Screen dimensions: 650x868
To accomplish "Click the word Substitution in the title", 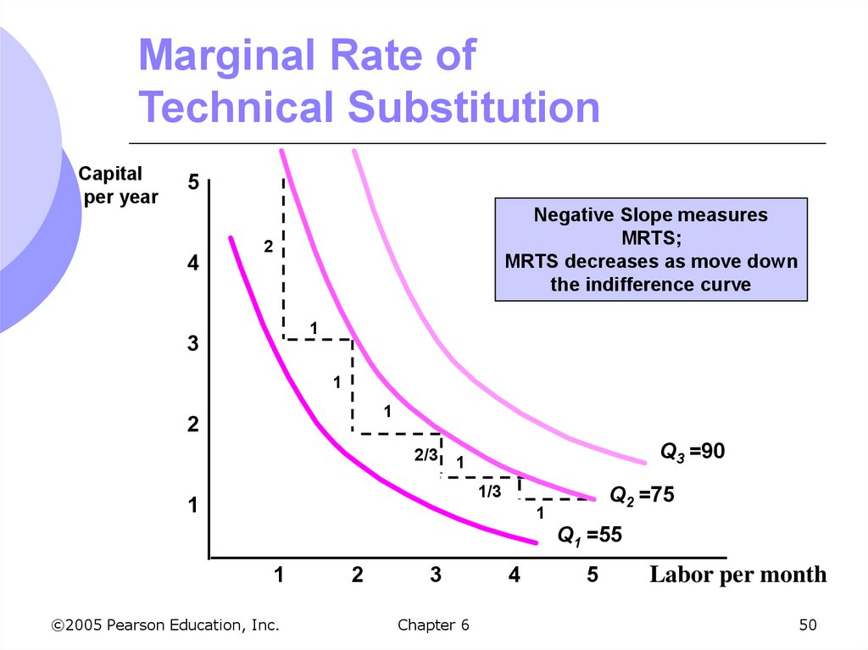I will [x=473, y=108].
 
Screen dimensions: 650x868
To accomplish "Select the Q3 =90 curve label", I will [x=693, y=453].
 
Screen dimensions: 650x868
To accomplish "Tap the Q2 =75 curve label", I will [x=642, y=495].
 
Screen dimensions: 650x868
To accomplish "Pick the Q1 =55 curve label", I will [x=589, y=535].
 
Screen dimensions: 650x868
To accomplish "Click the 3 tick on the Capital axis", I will [x=193, y=345].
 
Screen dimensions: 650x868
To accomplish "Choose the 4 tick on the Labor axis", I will [x=515, y=575].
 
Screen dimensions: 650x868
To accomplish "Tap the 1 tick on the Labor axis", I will [x=278, y=575].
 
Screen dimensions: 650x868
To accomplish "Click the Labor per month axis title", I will [x=737, y=575].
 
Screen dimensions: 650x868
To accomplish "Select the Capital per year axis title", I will [x=118, y=185].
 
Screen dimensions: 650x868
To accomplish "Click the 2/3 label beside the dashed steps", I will [x=426, y=456].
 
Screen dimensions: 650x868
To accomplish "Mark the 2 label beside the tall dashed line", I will [x=268, y=247].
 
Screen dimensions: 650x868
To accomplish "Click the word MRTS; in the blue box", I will [x=651, y=238].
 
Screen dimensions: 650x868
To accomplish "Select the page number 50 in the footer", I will [x=807, y=625].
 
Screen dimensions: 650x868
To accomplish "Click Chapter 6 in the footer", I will [x=432, y=625].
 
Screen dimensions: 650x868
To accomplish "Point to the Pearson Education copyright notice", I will [x=165, y=625].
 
